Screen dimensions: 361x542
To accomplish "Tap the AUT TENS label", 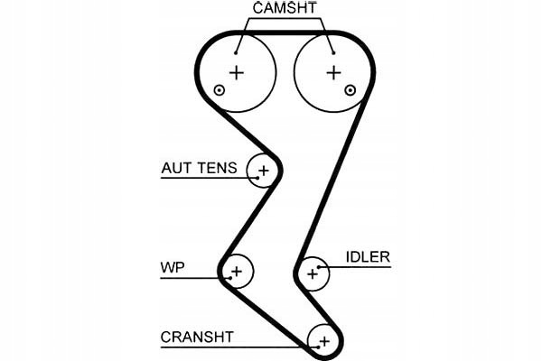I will point(199,167).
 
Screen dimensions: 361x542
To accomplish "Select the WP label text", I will point(171,268).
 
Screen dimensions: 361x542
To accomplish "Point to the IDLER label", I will point(367,257).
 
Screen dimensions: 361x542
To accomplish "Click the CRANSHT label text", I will point(197,338).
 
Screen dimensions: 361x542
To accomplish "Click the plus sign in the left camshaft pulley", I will point(237,72).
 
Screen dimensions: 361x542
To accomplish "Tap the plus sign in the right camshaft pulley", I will point(334,72).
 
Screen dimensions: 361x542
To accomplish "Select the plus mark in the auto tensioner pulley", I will point(264,170).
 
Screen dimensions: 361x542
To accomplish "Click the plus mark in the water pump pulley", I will point(237,270).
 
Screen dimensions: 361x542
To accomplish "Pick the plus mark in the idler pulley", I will point(313,272).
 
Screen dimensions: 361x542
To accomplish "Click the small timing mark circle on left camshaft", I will point(219,88).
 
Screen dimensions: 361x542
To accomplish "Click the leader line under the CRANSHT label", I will point(235,347).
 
